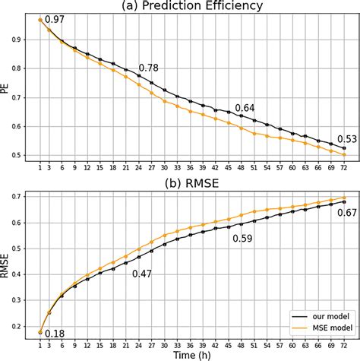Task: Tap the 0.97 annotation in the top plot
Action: pyautogui.click(x=55, y=17)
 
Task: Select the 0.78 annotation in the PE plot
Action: pyautogui.click(x=149, y=69)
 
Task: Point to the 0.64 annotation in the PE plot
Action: pyautogui.click(x=245, y=108)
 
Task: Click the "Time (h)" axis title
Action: pyautogui.click(x=191, y=354)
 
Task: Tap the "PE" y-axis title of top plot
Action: pyautogui.click(x=6, y=89)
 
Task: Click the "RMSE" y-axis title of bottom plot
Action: pyautogui.click(x=6, y=265)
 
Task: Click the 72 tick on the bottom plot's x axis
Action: pyautogui.click(x=343, y=344)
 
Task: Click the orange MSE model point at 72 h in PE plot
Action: pyautogui.click(x=343, y=155)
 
